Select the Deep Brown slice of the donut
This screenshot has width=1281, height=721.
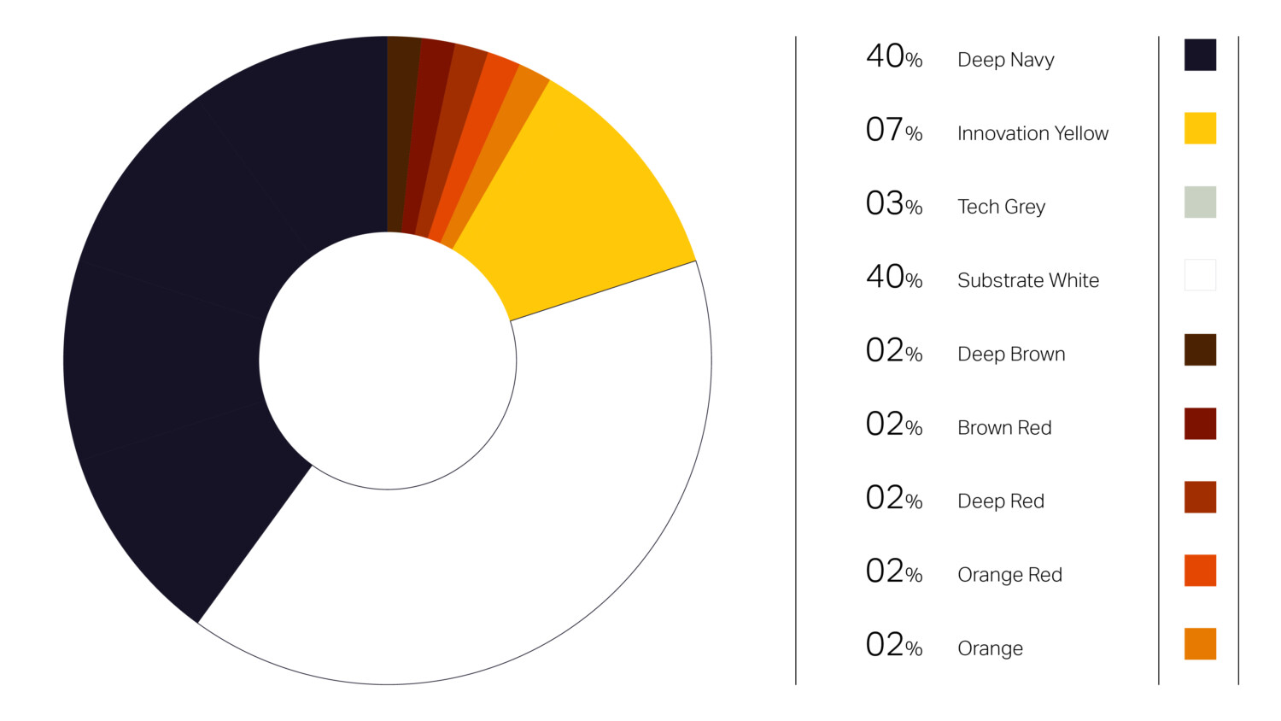[401, 128]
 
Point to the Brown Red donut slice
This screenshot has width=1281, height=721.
[426, 128]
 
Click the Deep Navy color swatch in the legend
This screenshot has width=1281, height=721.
[1200, 55]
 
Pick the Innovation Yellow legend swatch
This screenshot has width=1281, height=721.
[1200, 128]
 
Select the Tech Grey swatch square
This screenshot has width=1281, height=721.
[1200, 202]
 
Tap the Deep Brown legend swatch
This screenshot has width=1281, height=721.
[1200, 349]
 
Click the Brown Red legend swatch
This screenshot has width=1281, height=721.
[1200, 424]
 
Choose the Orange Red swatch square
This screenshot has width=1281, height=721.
[1200, 571]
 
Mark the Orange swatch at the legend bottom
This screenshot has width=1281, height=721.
[1200, 644]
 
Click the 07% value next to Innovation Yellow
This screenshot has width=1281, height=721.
[893, 131]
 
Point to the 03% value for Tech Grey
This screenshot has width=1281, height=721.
[893, 204]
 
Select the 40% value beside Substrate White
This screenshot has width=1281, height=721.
[893, 278]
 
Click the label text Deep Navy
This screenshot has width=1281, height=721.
[1005, 60]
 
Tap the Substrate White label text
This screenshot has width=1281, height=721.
[1027, 280]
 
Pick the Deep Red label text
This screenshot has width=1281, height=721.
[1000, 501]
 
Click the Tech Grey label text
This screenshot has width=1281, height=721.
[1001, 207]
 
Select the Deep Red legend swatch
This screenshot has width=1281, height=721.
[1200, 497]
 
